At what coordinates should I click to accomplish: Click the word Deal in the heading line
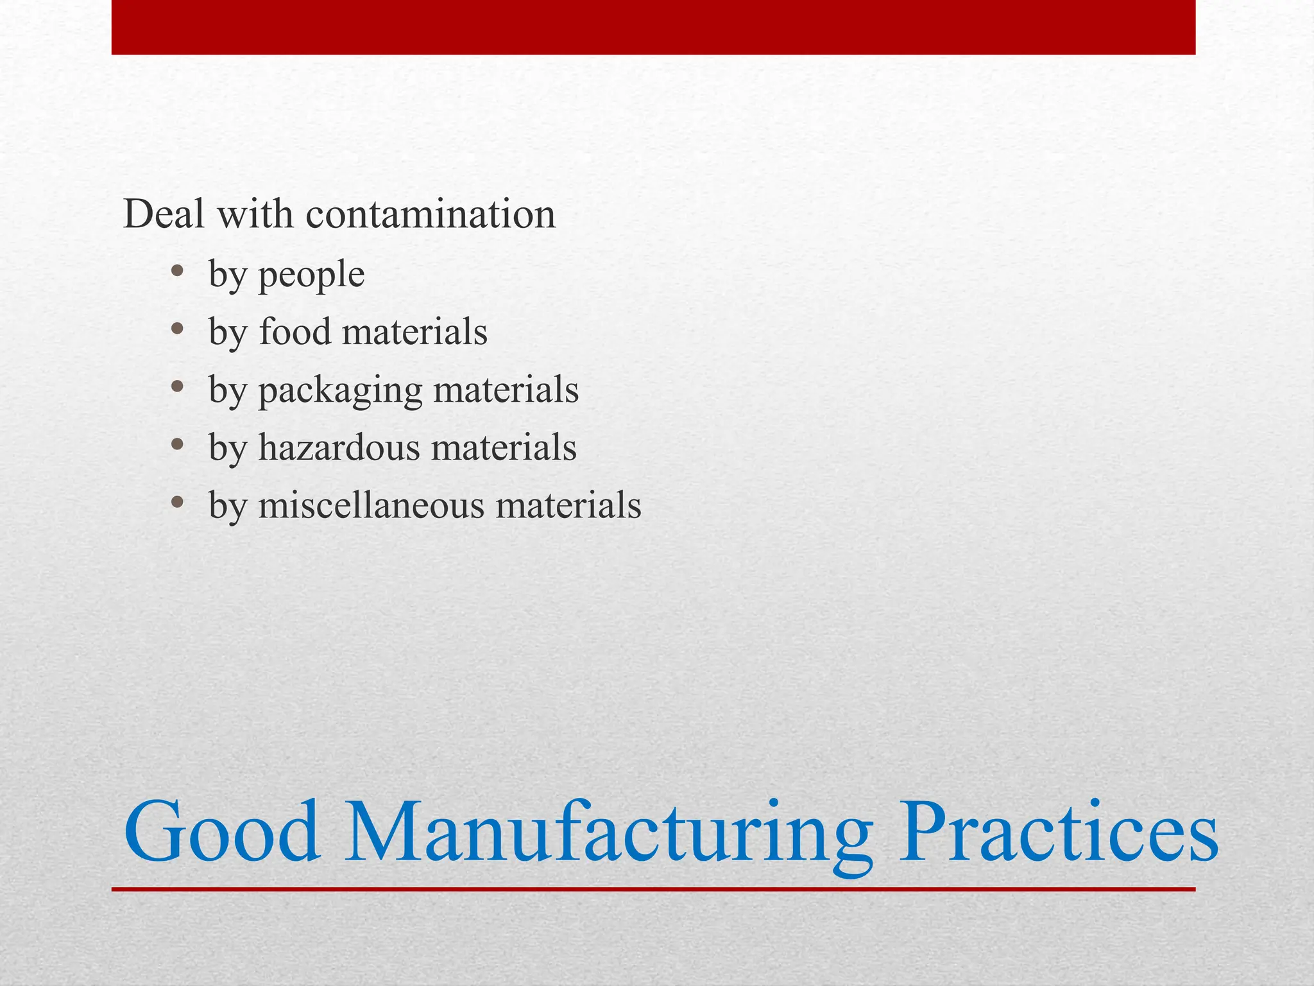point(164,214)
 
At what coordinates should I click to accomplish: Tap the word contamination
point(431,214)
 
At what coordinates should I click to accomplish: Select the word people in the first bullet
point(311,275)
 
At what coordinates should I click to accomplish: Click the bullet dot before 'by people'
point(178,272)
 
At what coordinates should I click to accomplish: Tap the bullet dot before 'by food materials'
point(178,330)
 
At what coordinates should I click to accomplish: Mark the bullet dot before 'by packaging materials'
point(178,387)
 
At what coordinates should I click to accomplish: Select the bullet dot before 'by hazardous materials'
point(178,445)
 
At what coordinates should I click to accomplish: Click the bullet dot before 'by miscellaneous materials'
point(178,503)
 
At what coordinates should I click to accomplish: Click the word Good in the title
point(221,833)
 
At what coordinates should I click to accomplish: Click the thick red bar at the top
point(653,27)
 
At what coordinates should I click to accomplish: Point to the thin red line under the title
point(653,889)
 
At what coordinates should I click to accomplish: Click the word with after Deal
point(255,214)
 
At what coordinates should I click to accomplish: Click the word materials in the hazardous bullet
point(504,447)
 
